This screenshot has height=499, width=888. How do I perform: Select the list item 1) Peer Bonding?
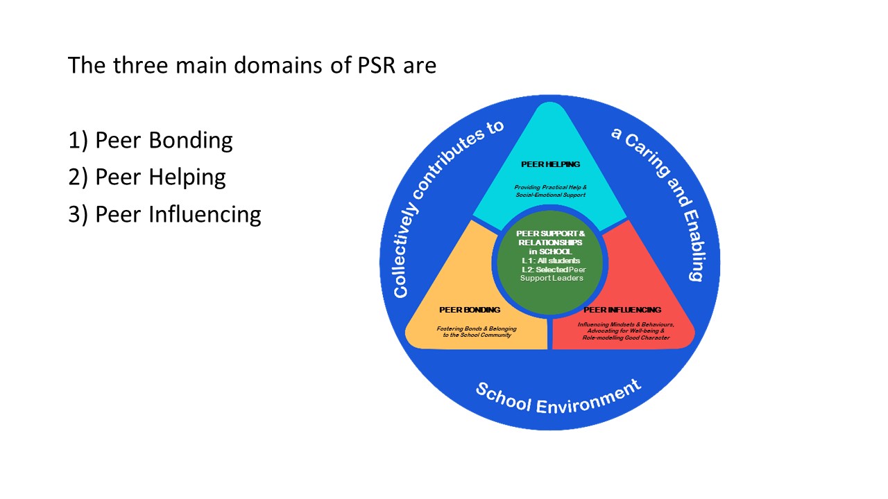[151, 140]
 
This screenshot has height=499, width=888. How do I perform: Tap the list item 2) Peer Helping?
[147, 177]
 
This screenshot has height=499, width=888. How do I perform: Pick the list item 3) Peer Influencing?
[164, 214]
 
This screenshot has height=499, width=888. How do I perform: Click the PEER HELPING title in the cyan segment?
[550, 164]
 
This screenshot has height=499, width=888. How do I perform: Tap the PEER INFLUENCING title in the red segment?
[622, 310]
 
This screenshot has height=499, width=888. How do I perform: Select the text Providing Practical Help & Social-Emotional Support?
[550, 191]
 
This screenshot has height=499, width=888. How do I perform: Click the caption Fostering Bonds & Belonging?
[477, 329]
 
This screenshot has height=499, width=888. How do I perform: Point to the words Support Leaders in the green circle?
[552, 278]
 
